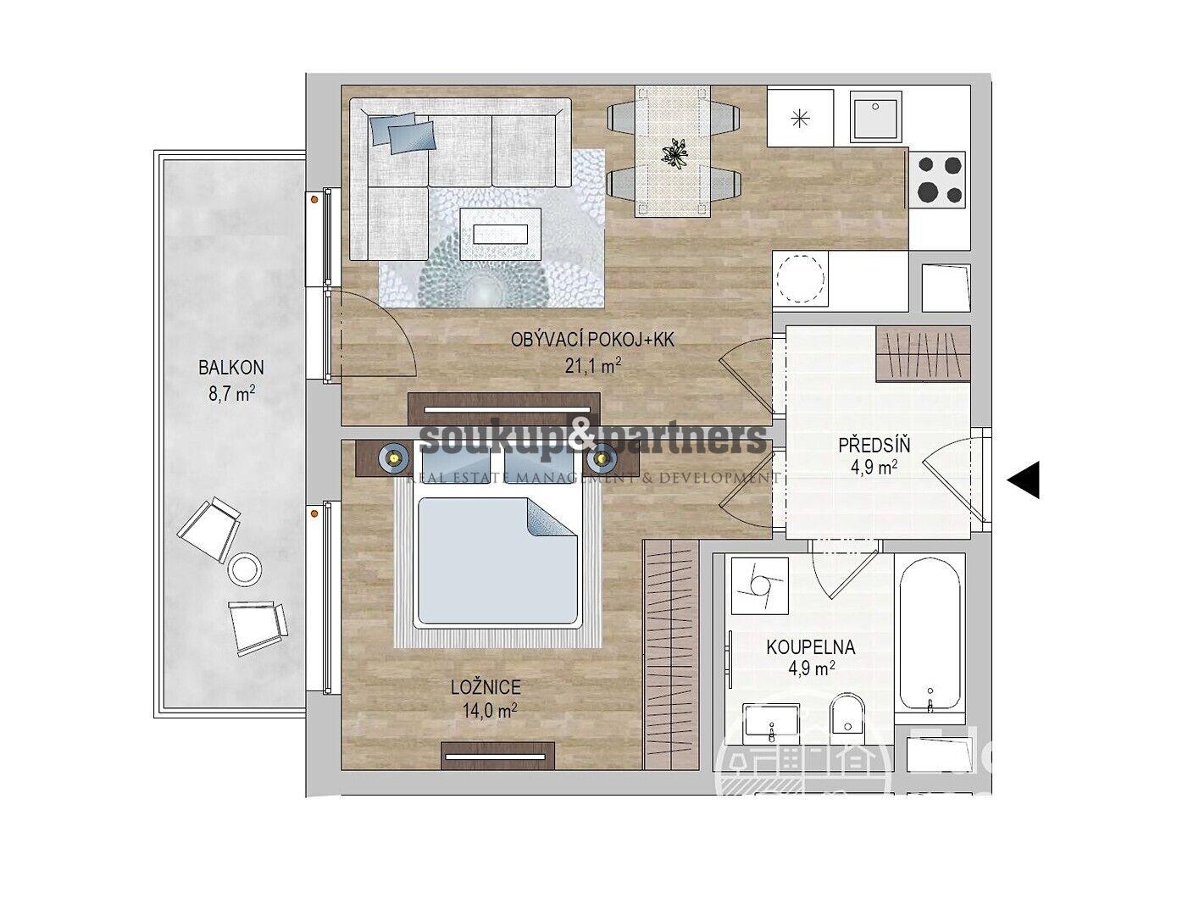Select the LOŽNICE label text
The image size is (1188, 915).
click(486, 688)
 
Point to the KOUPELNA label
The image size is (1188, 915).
click(810, 647)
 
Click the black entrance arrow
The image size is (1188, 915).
click(1024, 480)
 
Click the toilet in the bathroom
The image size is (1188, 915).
click(845, 718)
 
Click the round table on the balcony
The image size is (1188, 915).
click(246, 568)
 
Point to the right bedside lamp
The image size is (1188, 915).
click(602, 458)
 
